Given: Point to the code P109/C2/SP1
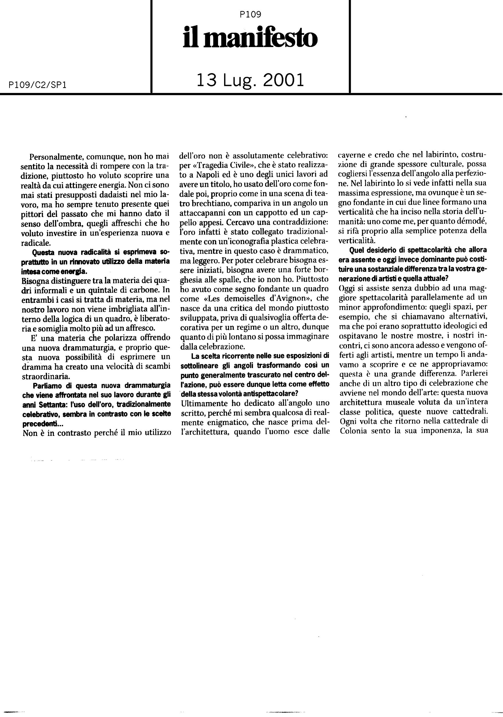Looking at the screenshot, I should [x=34, y=85].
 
